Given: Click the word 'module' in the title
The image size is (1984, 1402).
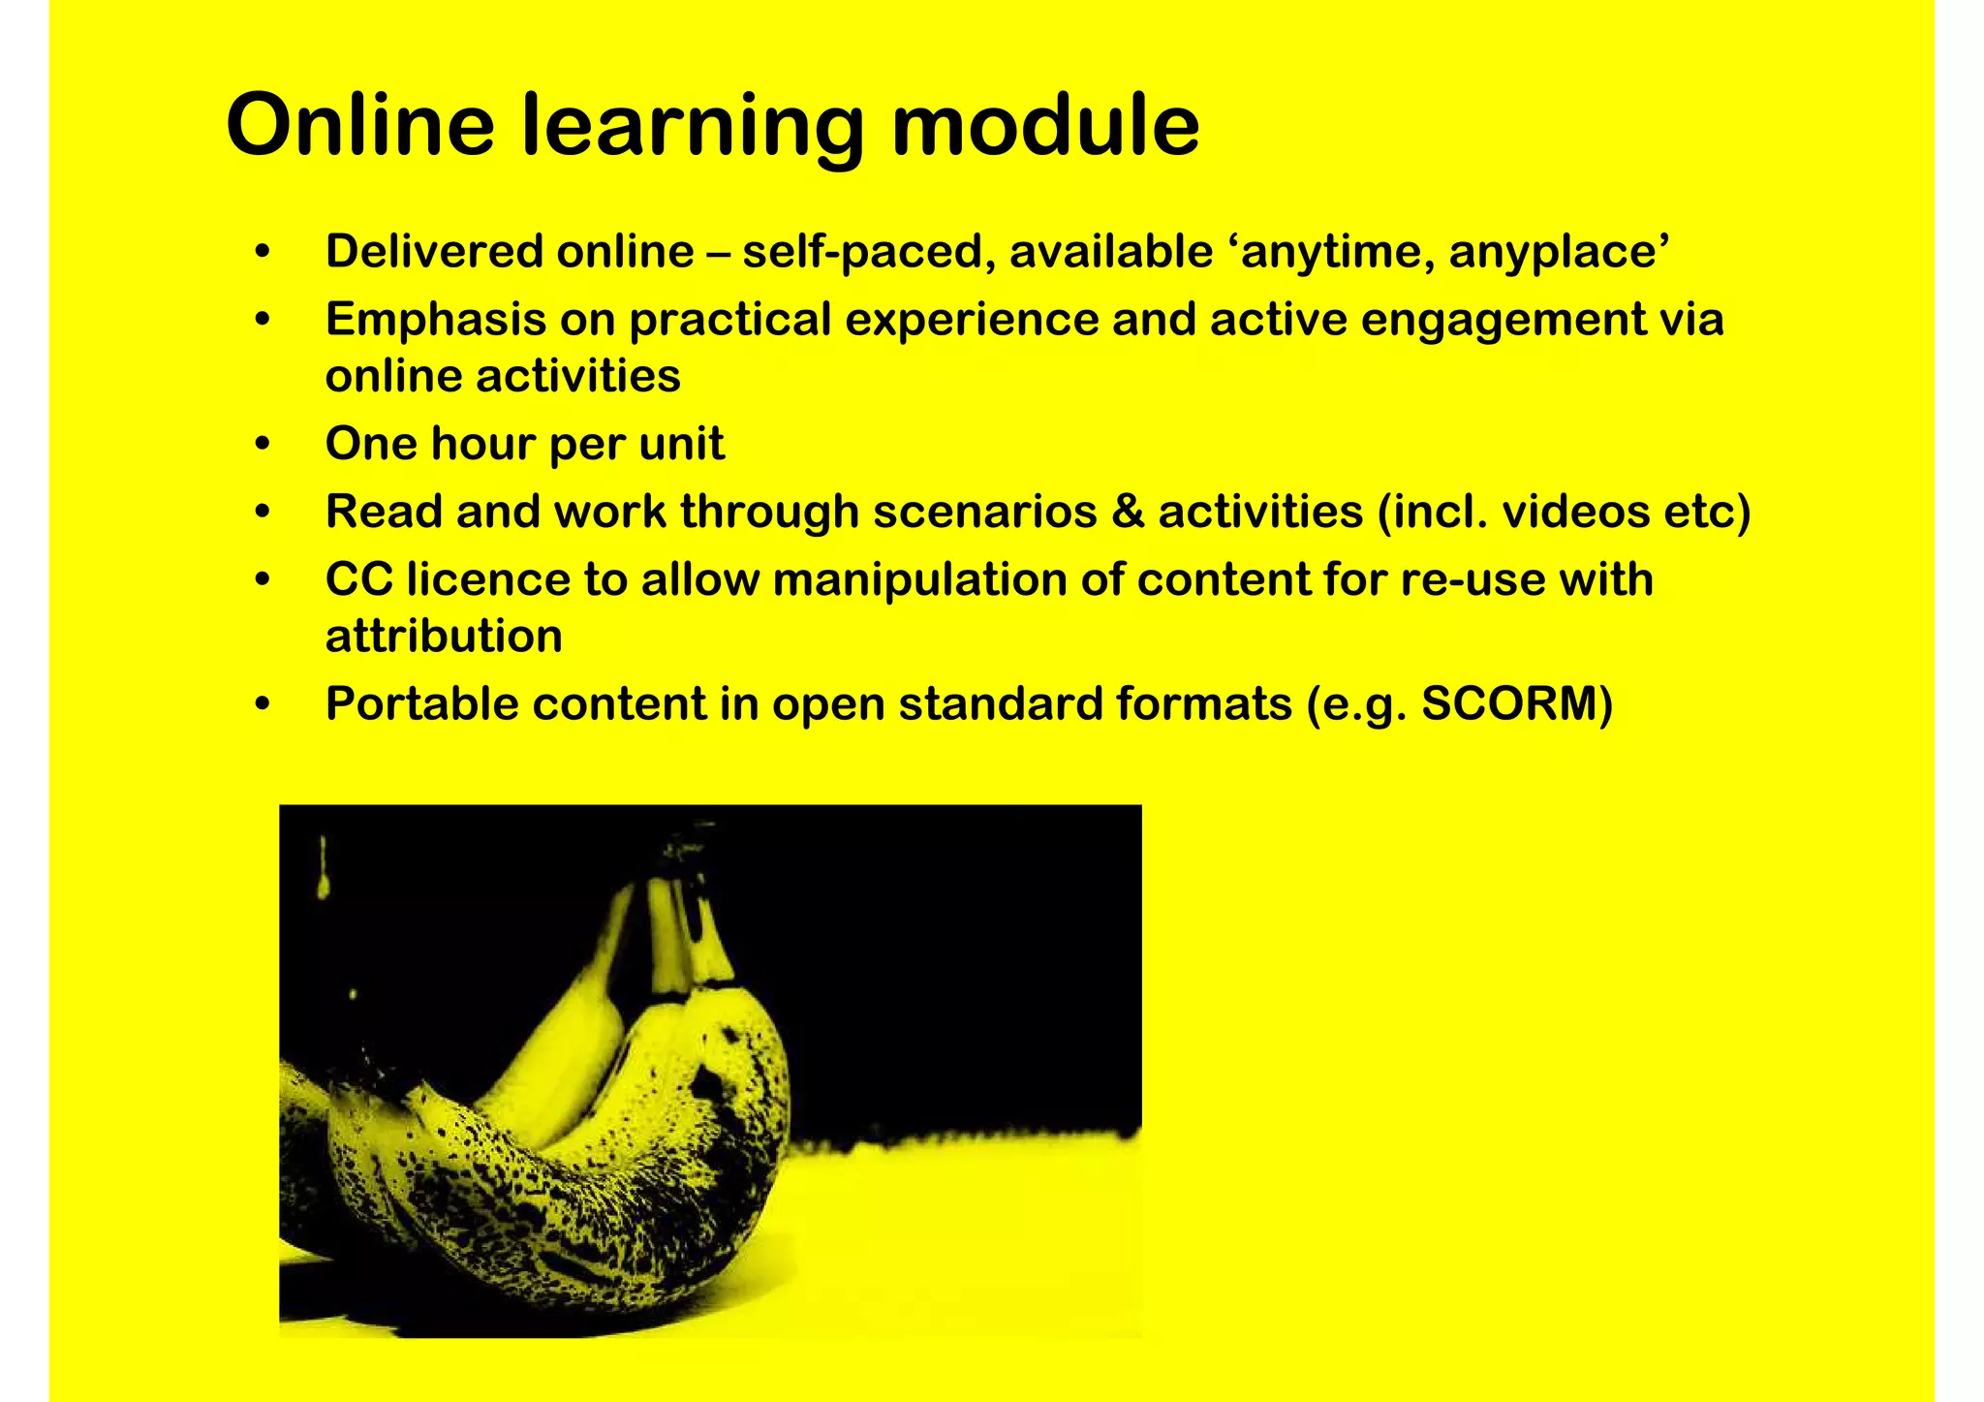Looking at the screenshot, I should (1045, 125).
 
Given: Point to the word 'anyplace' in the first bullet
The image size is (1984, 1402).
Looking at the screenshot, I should (1559, 252).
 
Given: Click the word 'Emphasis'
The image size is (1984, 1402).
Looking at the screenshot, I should (435, 320).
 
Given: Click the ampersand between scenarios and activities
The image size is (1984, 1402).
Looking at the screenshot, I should (1128, 512).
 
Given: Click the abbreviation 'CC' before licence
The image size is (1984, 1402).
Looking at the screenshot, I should (358, 579).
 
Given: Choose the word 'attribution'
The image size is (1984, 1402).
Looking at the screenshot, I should (444, 637).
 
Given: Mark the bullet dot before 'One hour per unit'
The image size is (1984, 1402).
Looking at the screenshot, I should (262, 445).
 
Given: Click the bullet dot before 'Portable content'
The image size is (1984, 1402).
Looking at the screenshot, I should (262, 704).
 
